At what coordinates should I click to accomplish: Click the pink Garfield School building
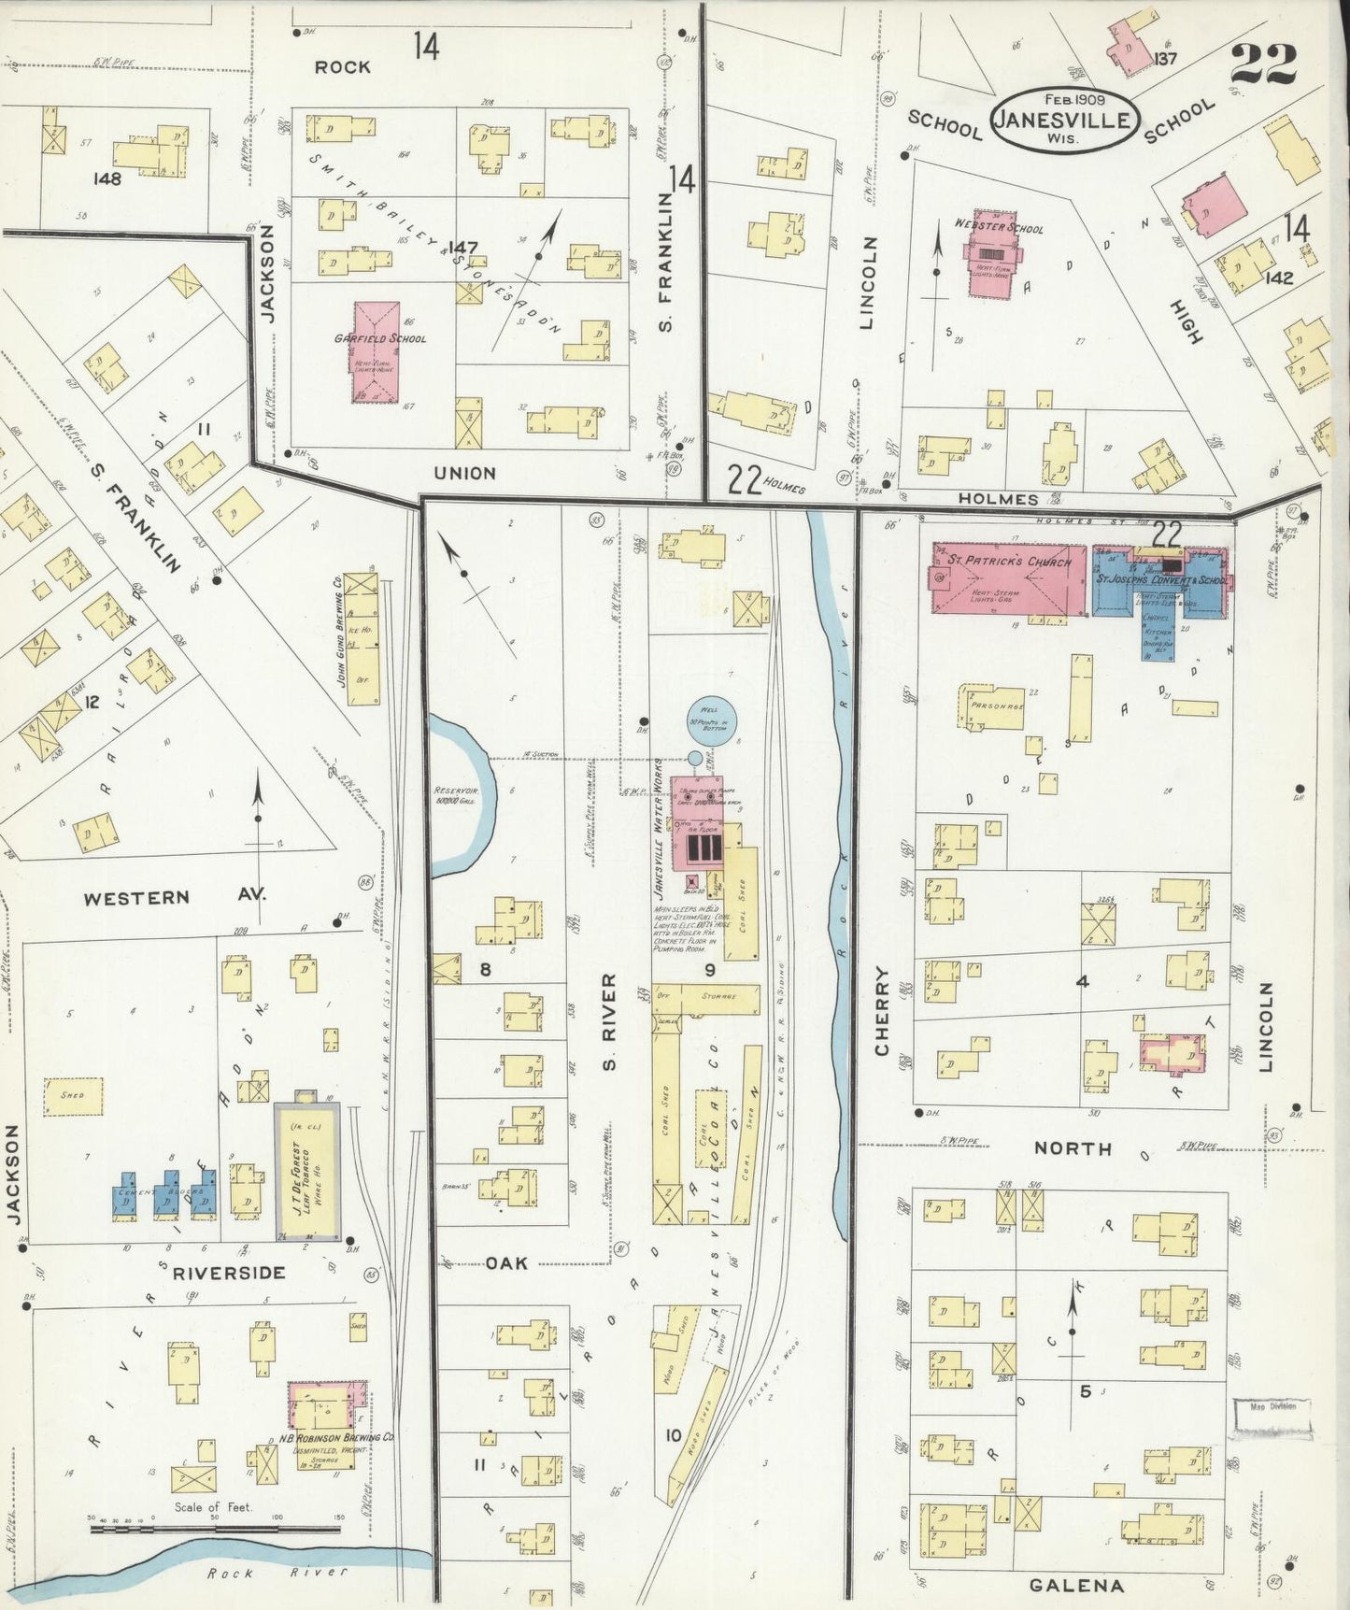point(376,352)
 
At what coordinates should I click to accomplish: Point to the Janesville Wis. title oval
point(1063,119)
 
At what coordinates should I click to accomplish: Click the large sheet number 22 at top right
point(1263,63)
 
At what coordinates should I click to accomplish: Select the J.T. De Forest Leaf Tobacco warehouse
point(306,1171)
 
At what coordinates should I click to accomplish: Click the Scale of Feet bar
point(215,1530)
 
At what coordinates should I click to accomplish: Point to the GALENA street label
point(1076,1585)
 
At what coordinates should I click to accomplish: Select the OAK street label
point(505,1263)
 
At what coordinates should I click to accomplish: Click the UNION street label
point(465,473)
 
